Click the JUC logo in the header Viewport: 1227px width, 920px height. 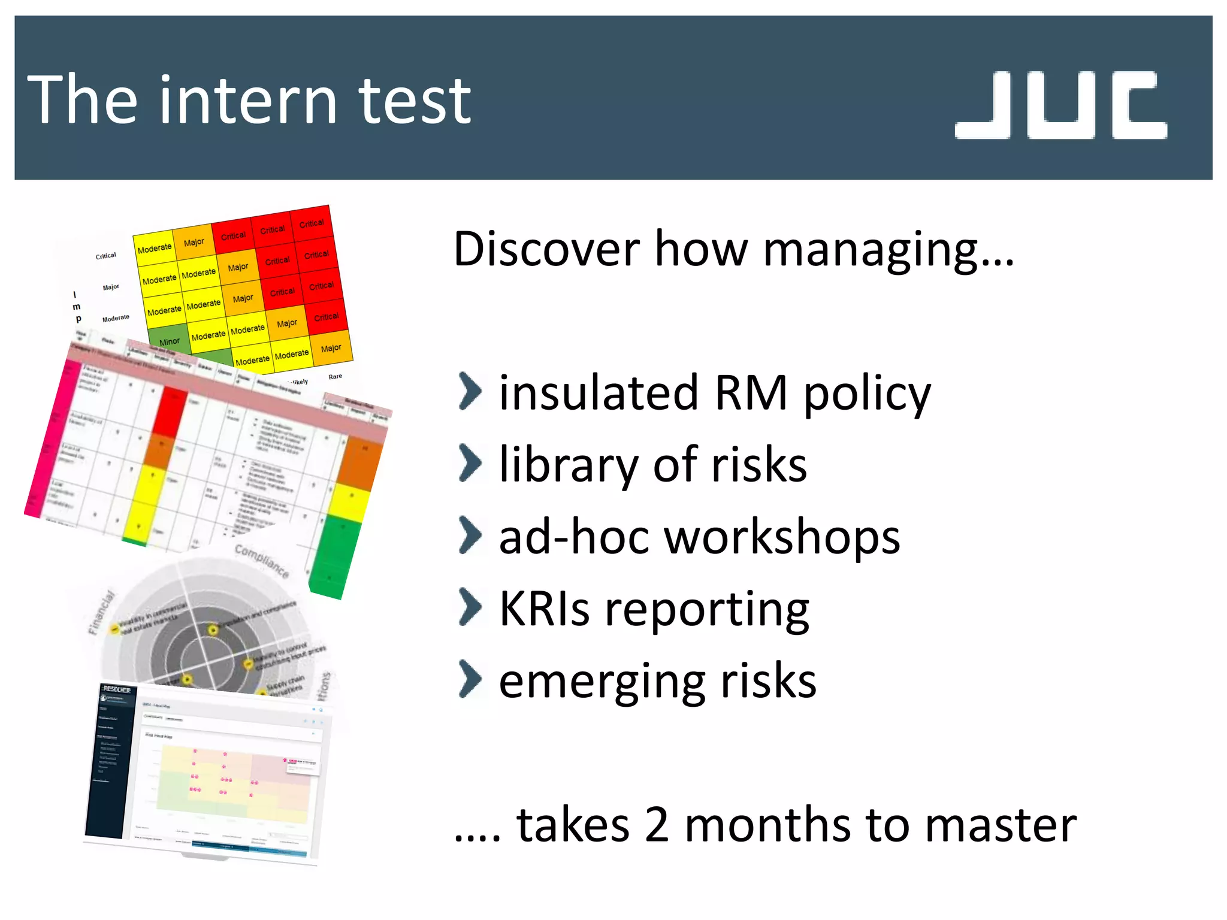point(1060,105)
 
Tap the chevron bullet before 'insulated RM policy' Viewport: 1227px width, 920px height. point(470,392)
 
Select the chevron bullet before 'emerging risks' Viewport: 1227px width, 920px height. point(470,679)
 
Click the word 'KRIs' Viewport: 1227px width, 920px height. point(544,609)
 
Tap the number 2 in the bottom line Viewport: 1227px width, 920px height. point(657,825)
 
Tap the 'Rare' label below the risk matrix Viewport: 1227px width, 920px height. point(335,377)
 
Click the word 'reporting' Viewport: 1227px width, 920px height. point(707,610)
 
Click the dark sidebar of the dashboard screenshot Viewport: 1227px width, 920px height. point(111,761)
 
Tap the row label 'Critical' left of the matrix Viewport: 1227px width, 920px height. point(106,256)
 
